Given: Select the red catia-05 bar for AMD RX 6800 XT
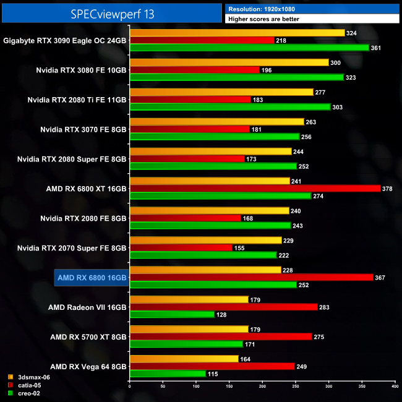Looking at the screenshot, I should [x=255, y=189].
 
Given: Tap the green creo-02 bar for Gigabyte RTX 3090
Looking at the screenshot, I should [x=249, y=48].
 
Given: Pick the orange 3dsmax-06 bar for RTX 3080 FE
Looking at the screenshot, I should [x=229, y=62].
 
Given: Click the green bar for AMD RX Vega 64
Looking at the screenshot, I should [x=168, y=374].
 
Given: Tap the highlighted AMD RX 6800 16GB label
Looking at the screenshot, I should [x=92, y=278].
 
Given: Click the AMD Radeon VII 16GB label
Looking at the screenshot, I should [x=87, y=307].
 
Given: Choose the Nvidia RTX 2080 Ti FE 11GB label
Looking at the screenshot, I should [x=77, y=100].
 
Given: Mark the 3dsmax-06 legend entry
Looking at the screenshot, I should [x=31, y=376].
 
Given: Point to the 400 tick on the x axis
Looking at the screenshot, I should [x=395, y=387].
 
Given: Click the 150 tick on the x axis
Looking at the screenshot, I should [x=229, y=387].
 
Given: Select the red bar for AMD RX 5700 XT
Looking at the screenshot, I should [x=221, y=336].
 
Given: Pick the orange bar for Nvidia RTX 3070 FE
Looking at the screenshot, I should [x=217, y=122].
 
